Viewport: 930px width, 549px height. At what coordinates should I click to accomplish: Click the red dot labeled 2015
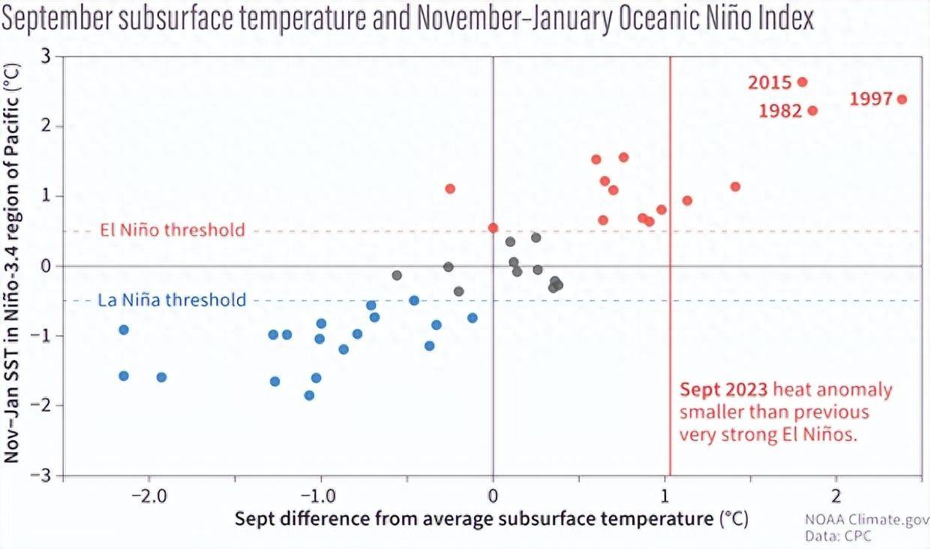[802, 82]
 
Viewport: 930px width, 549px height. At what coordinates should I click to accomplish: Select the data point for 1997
[901, 99]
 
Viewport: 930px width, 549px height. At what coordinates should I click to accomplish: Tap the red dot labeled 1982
[812, 111]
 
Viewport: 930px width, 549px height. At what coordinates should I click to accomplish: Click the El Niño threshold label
[172, 229]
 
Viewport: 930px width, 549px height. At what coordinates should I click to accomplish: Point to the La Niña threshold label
[172, 301]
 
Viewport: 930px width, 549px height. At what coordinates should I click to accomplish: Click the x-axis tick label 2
[835, 496]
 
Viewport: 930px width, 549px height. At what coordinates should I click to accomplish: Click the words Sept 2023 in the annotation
[723, 390]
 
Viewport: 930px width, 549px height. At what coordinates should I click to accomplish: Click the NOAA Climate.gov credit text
[867, 520]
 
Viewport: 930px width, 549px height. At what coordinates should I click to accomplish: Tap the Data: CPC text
[838, 536]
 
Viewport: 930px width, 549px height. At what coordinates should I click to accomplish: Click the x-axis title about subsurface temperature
[491, 519]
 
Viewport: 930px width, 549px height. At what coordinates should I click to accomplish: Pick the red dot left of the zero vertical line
[450, 188]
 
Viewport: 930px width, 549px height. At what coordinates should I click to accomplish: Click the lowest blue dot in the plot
[309, 395]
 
